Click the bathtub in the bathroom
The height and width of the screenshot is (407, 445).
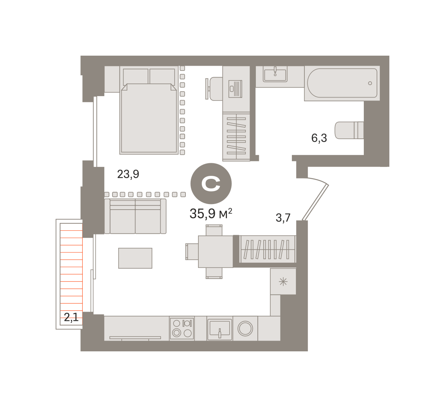(x=342, y=83)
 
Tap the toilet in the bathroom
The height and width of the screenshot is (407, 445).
(x=349, y=130)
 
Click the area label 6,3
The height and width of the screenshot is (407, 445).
(x=319, y=138)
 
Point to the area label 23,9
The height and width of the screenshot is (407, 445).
(x=128, y=174)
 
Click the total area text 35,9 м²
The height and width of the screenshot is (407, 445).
(x=211, y=213)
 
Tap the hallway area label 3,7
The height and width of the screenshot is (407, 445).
(x=283, y=218)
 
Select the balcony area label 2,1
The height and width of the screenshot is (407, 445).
(x=71, y=317)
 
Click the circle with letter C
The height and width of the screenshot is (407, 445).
(x=211, y=184)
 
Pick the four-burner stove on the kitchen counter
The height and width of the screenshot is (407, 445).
(x=182, y=328)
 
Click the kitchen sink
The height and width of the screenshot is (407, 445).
(x=220, y=328)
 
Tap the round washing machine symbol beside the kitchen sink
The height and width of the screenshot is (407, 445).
(x=245, y=328)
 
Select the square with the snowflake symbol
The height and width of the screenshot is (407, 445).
(x=283, y=282)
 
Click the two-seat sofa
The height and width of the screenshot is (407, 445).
(x=135, y=216)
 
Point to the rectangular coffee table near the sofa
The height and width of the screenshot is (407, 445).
(x=135, y=258)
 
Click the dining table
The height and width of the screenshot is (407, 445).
(x=215, y=252)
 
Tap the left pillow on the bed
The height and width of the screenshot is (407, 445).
(x=136, y=77)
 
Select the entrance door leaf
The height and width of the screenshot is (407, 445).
(x=315, y=202)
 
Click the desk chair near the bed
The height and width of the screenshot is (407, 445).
(x=214, y=89)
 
